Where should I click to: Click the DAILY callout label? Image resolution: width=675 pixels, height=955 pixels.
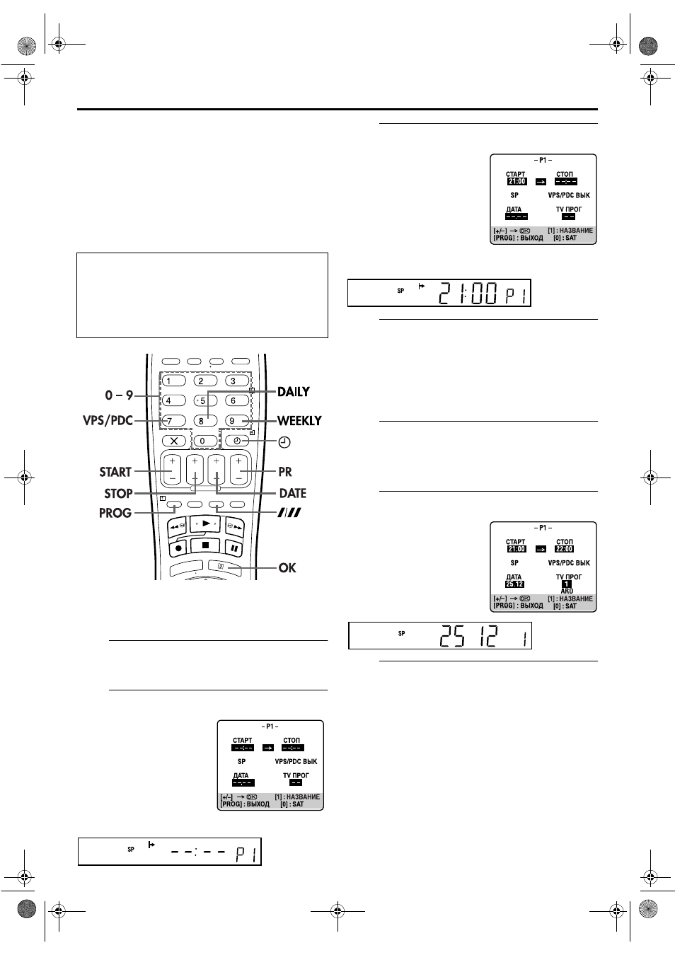(x=294, y=391)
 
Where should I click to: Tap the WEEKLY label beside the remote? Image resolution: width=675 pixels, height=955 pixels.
(x=299, y=421)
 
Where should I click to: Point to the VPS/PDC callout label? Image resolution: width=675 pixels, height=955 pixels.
(x=108, y=421)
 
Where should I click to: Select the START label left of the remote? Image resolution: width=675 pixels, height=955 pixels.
(x=115, y=472)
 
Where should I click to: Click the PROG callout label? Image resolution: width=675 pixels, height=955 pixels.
(x=115, y=513)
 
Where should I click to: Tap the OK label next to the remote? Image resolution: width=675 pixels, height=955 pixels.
(x=287, y=568)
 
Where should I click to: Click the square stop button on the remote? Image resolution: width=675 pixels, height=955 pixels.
(x=205, y=545)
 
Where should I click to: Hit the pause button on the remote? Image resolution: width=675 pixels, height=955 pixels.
(x=234, y=548)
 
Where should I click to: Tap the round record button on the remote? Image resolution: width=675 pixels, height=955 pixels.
(x=178, y=548)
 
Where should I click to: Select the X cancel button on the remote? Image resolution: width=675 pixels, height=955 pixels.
(x=174, y=441)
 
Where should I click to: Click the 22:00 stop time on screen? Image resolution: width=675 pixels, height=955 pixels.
(x=564, y=549)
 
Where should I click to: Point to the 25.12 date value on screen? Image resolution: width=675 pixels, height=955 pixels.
(x=514, y=584)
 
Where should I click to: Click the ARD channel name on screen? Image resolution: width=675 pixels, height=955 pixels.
(x=567, y=591)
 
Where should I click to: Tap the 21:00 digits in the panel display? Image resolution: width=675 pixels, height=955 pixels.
(x=468, y=294)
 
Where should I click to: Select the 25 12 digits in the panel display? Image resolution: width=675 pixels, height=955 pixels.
(x=468, y=636)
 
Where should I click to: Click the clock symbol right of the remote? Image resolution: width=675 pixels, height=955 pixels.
(x=284, y=442)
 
